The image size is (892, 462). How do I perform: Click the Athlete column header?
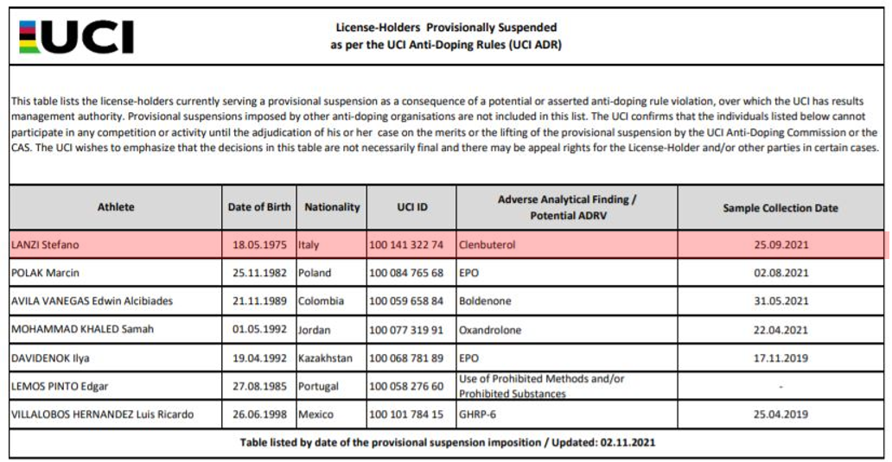(115, 207)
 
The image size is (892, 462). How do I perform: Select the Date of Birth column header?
(259, 207)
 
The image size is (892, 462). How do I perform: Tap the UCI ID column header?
(411, 207)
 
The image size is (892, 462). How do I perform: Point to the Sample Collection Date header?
(780, 208)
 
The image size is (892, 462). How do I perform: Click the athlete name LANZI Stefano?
(45, 245)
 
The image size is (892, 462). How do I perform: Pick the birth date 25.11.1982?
(259, 273)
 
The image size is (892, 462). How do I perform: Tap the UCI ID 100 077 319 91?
(406, 330)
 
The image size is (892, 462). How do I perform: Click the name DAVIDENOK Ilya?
(50, 358)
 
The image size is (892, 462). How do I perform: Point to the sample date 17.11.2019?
(780, 358)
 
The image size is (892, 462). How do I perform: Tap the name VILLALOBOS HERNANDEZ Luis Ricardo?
(102, 415)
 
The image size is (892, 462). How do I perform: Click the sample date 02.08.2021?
(780, 273)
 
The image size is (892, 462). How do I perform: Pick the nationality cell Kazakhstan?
(326, 358)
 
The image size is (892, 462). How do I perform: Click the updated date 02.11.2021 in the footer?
(628, 443)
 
